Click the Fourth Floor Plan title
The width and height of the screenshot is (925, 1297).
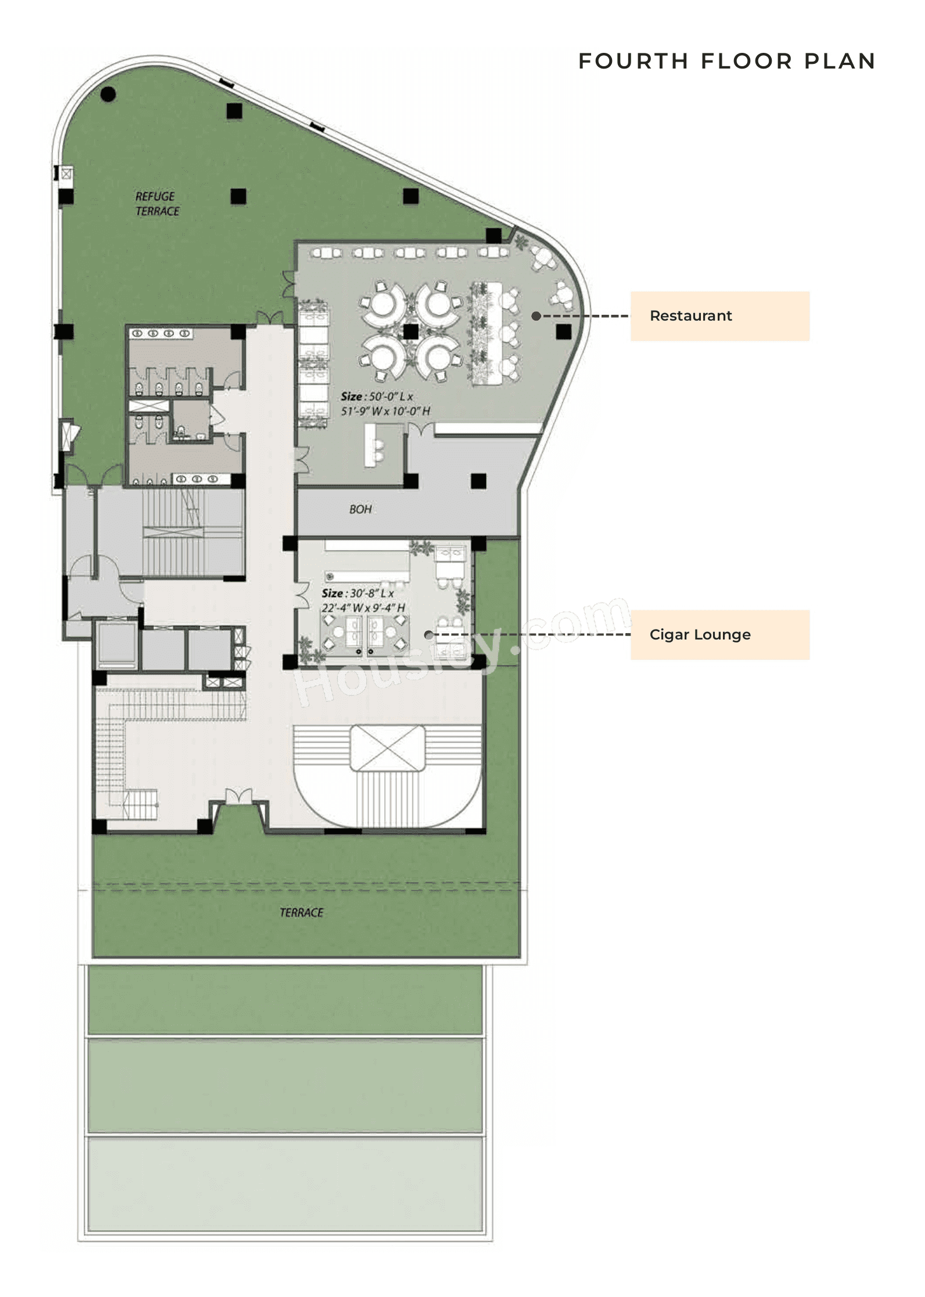(x=726, y=61)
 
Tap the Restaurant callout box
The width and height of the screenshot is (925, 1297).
(x=719, y=316)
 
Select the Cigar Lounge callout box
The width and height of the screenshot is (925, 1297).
(x=719, y=634)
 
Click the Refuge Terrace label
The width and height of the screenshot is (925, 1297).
(x=157, y=204)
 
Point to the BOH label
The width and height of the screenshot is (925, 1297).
(x=360, y=509)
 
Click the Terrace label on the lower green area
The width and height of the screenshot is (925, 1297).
(x=301, y=912)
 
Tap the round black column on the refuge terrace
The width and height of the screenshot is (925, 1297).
(x=108, y=95)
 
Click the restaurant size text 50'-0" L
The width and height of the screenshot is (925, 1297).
(x=377, y=397)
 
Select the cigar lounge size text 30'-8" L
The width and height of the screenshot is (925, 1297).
(x=358, y=594)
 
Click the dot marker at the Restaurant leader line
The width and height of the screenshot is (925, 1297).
(x=537, y=316)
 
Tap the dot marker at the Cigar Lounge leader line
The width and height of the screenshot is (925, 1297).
(x=428, y=635)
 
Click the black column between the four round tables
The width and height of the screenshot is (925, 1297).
(x=411, y=332)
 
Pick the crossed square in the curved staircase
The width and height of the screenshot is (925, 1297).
(x=388, y=748)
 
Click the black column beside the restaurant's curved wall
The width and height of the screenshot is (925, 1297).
(x=563, y=332)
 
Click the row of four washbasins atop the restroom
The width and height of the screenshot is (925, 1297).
(x=161, y=334)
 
